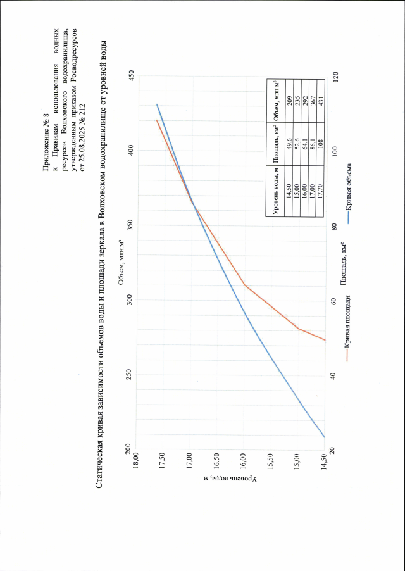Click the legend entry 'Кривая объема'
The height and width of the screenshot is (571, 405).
[x=348, y=193]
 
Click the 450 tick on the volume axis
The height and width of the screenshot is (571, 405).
[x=132, y=77]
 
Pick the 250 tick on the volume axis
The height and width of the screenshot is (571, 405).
[x=132, y=375]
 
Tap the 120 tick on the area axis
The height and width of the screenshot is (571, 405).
[x=334, y=77]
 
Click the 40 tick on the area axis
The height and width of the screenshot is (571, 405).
[x=334, y=375]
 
